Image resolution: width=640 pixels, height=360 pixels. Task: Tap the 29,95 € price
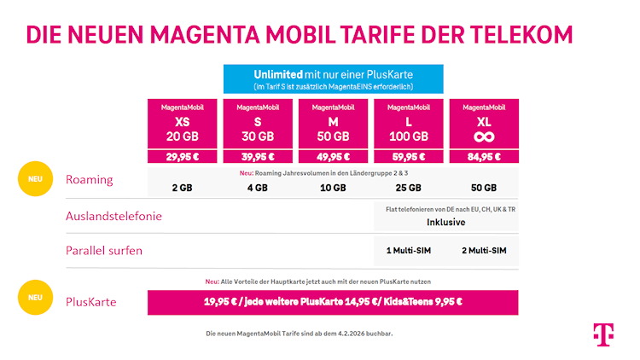click(x=183, y=156)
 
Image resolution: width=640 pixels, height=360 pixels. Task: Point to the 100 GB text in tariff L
click(x=409, y=136)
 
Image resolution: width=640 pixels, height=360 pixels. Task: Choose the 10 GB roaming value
click(x=333, y=188)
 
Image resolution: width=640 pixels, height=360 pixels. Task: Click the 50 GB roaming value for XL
click(x=484, y=188)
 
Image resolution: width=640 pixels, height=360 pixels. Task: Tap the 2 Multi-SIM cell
click(x=484, y=251)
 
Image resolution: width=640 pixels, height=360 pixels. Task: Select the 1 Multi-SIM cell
click(x=409, y=251)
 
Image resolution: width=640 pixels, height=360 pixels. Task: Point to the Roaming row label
click(x=89, y=180)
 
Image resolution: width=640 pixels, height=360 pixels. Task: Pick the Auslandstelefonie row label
click(x=113, y=216)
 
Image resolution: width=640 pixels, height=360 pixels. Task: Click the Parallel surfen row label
click(x=103, y=251)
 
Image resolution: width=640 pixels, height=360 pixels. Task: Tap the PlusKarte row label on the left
click(x=91, y=301)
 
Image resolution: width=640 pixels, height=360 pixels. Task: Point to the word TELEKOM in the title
click(x=514, y=34)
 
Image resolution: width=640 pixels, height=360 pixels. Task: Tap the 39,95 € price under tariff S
click(x=258, y=156)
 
